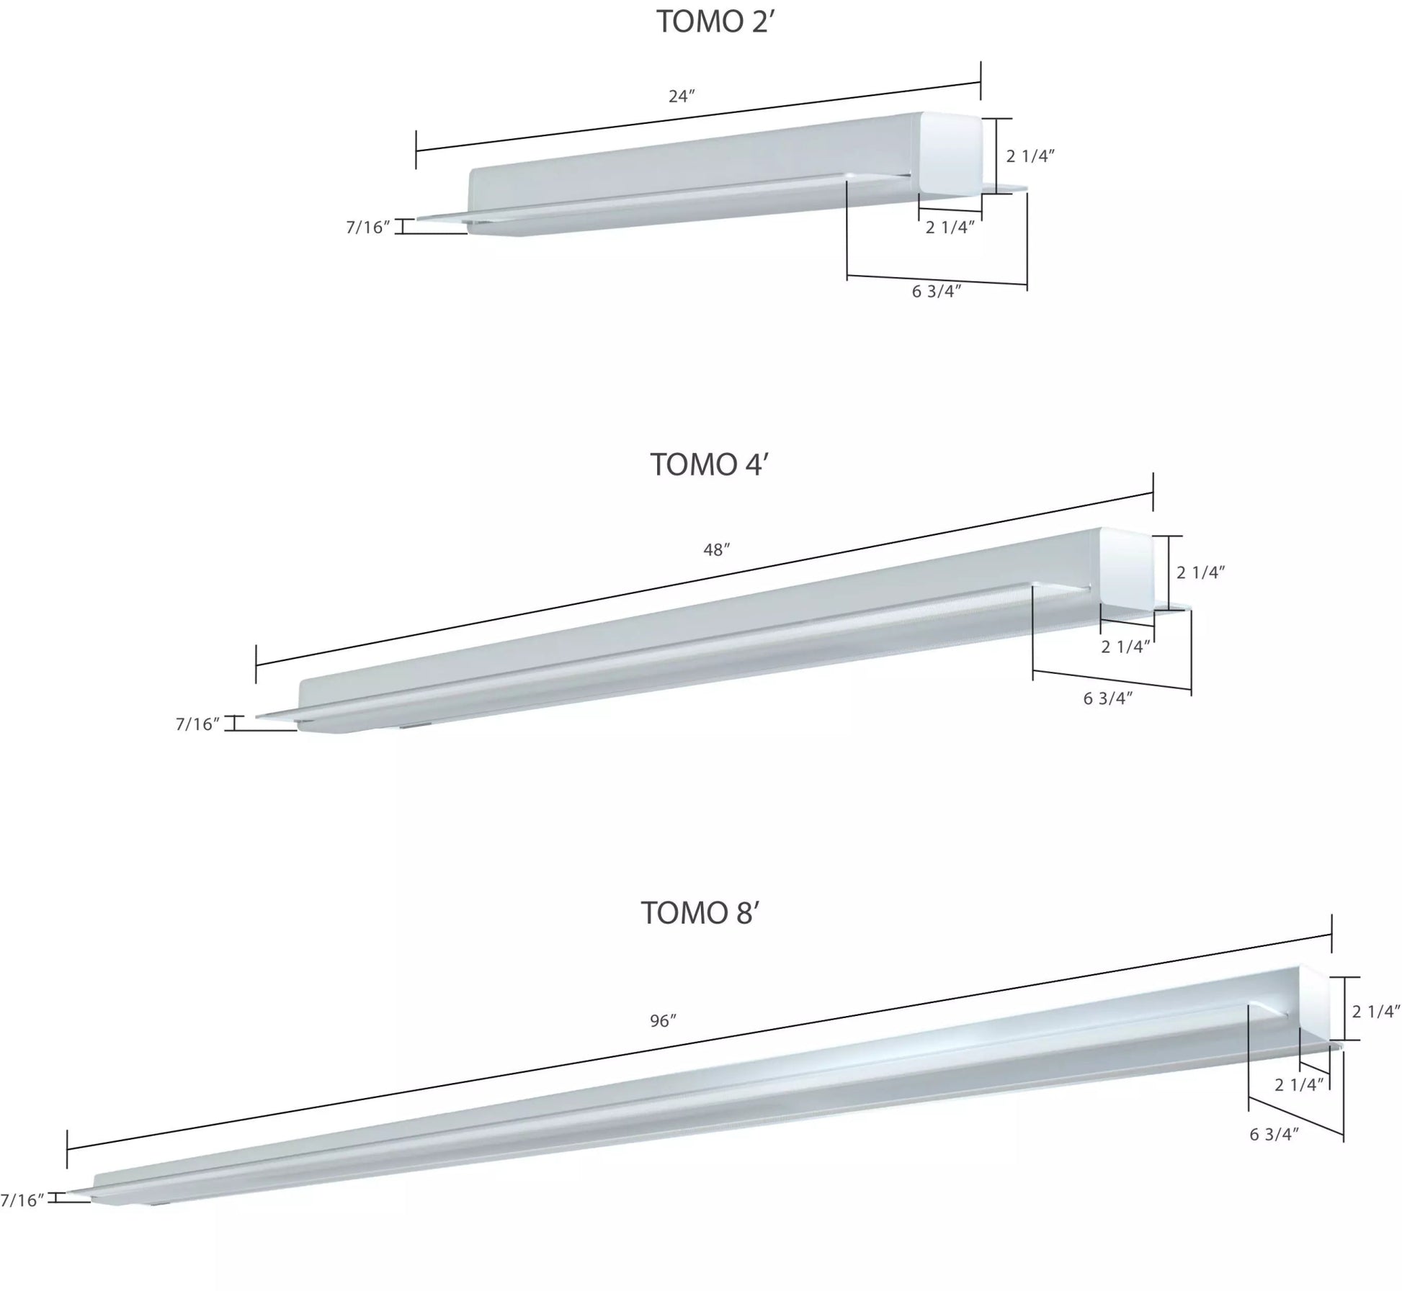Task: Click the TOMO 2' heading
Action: click(715, 22)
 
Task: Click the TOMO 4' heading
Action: click(710, 464)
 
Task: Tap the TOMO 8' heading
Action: click(700, 913)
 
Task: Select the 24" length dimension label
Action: click(681, 96)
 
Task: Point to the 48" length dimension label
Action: click(716, 550)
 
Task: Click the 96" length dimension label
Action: click(663, 1021)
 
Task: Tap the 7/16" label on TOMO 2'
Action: click(367, 228)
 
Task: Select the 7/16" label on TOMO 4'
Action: click(197, 724)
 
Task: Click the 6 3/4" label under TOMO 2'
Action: click(937, 292)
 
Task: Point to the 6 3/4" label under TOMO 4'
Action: click(1108, 698)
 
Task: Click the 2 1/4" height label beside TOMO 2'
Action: click(1030, 156)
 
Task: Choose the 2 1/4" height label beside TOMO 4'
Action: click(1201, 572)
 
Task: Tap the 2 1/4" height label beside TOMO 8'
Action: click(1375, 1012)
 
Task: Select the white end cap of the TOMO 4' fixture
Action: click(1127, 569)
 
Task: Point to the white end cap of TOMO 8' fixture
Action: click(1313, 1004)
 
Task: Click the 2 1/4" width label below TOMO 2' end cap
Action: click(950, 228)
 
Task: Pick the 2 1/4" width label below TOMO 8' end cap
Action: click(1299, 1084)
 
